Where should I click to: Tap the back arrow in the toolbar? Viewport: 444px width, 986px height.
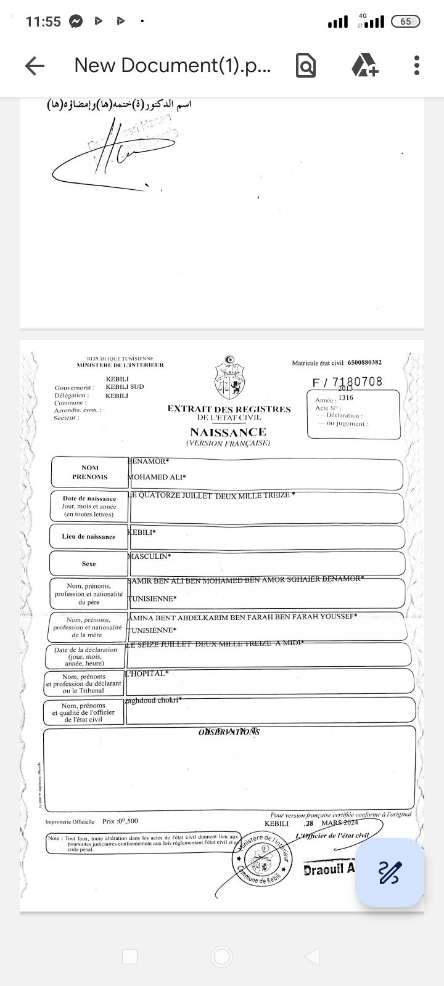pos(35,66)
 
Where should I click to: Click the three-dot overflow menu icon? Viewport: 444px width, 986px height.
pos(417,65)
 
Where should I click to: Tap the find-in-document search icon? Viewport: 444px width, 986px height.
pos(306,65)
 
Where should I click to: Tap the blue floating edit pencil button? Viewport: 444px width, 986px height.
pos(389,872)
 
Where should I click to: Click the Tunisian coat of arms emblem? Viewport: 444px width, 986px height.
pos(229,378)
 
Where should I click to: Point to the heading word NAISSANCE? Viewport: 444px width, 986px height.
pos(228,432)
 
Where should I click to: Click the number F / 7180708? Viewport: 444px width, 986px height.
pos(347,382)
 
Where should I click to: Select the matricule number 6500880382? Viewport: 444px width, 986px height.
pos(364,363)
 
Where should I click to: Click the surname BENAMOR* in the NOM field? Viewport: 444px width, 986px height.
pos(148,461)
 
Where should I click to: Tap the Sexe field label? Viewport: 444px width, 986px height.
pos(89,564)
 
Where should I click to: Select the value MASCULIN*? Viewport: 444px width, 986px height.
pos(149,556)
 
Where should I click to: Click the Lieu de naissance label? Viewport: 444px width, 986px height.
pos(89,537)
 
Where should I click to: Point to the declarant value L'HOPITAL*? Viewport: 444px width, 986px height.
pos(147,674)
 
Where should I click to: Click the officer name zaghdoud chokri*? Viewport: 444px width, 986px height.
pos(153,701)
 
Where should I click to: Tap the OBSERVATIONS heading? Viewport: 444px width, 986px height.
pos(229,731)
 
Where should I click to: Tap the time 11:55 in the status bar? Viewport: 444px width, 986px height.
pos(43,22)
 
